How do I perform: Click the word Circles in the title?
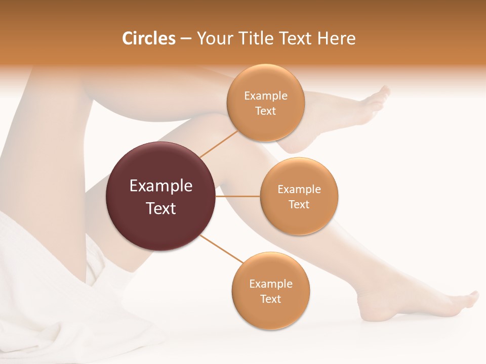(x=148, y=38)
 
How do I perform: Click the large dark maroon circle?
(x=161, y=197)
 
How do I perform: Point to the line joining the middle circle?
(x=238, y=196)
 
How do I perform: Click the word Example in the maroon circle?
(x=161, y=186)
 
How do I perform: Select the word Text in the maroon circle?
(x=161, y=208)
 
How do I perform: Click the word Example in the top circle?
(x=265, y=96)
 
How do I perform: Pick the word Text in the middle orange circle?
(x=299, y=205)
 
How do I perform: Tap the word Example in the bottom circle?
(x=270, y=284)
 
